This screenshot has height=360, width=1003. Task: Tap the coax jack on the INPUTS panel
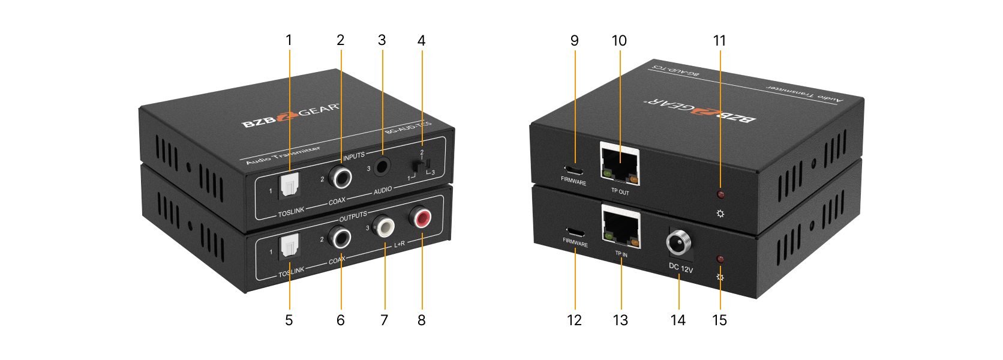[x=342, y=178]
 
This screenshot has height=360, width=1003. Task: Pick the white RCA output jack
[x=385, y=227]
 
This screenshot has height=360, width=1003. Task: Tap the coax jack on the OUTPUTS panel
[x=341, y=238]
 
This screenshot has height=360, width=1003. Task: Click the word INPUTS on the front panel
[x=353, y=156]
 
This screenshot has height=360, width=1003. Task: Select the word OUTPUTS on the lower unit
[x=353, y=216]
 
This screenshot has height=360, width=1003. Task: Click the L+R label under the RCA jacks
[x=399, y=244]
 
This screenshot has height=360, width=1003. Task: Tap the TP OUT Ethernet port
[x=620, y=163]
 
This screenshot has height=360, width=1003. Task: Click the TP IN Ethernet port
[x=621, y=227]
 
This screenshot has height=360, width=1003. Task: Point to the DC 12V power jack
[x=678, y=243]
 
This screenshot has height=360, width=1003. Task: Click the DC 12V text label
[x=681, y=268]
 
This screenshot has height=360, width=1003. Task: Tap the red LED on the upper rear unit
[x=720, y=194]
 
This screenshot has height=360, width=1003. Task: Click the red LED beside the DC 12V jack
[x=720, y=259]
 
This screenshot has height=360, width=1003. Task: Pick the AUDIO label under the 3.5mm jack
[x=383, y=190]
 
